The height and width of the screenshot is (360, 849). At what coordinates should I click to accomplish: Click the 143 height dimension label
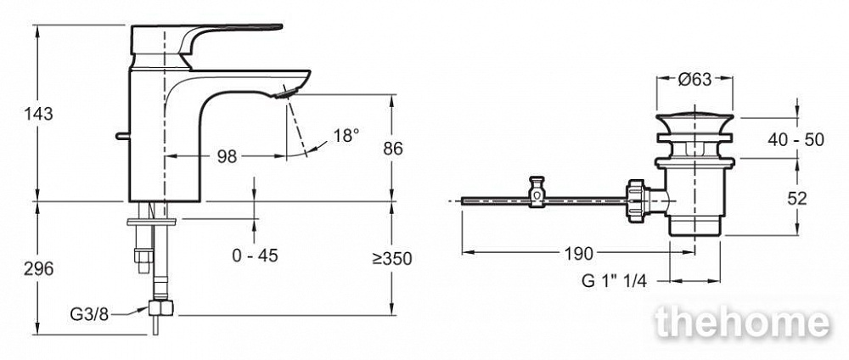(x=38, y=114)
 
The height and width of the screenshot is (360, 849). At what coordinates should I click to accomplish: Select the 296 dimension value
(x=38, y=268)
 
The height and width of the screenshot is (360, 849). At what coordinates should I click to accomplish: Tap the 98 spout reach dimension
(x=227, y=156)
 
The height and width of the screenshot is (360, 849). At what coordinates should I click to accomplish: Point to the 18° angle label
(x=346, y=135)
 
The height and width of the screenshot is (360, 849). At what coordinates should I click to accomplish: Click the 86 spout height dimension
(x=392, y=149)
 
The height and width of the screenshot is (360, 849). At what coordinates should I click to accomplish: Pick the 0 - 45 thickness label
(x=255, y=255)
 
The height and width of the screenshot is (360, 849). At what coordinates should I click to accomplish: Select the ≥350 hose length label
(x=392, y=259)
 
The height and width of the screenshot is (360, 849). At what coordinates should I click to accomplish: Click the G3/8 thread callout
(x=89, y=314)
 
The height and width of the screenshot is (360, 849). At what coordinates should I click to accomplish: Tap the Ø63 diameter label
(x=694, y=80)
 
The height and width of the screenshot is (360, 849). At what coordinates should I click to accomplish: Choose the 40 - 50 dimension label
(x=796, y=139)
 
